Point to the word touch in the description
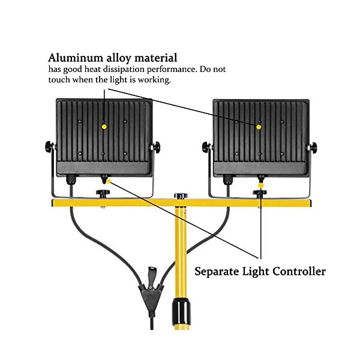point(59,80)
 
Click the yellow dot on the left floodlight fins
point(104,127)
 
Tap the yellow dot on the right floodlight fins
point(259,127)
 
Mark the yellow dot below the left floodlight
point(109,182)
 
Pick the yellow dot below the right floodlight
point(260,187)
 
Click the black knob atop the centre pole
point(179,196)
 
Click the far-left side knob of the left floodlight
point(48,146)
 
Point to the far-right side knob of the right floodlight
point(313,146)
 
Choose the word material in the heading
point(154,58)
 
